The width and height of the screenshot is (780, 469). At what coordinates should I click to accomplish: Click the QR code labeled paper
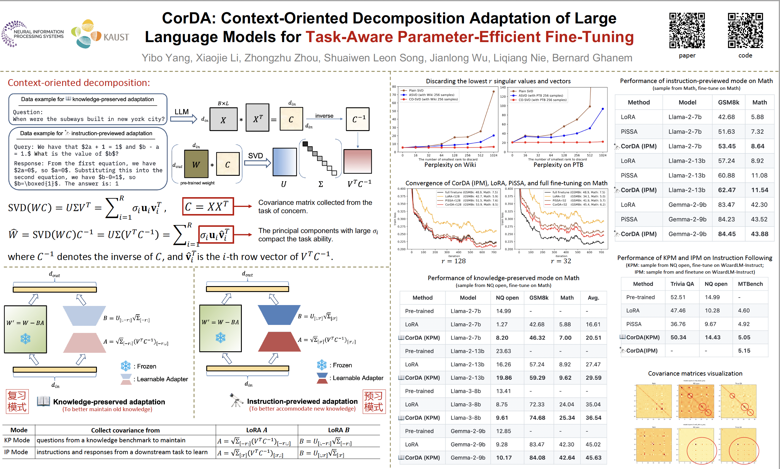click(687, 30)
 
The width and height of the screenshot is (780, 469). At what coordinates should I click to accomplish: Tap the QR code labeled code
click(745, 30)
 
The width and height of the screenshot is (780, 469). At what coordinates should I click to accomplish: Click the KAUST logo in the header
click(100, 34)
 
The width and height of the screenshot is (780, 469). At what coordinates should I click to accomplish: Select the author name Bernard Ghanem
click(592, 58)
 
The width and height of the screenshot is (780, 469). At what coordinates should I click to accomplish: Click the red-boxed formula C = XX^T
click(208, 206)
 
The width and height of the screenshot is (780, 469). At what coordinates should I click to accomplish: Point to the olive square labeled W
click(196, 164)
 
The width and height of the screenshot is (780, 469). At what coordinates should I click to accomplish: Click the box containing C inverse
click(358, 119)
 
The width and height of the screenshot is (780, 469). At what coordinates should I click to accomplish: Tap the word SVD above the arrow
click(255, 155)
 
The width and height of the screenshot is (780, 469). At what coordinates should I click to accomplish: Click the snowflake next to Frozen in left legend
click(126, 366)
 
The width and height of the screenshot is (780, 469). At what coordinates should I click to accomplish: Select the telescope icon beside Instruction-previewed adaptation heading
click(236, 401)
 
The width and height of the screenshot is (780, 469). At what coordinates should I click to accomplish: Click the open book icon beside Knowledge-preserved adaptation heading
click(43, 401)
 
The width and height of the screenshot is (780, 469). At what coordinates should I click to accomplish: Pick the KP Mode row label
click(17, 440)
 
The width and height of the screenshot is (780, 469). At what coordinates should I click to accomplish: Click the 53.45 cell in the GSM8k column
click(727, 146)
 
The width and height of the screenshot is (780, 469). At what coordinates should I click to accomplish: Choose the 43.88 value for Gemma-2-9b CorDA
click(760, 234)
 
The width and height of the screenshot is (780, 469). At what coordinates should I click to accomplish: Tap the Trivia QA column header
click(682, 284)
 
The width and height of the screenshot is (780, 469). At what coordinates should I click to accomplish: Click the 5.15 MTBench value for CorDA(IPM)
click(744, 350)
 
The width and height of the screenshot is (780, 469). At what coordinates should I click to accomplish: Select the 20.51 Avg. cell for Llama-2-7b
click(593, 338)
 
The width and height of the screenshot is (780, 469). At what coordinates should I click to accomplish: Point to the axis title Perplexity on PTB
click(558, 165)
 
